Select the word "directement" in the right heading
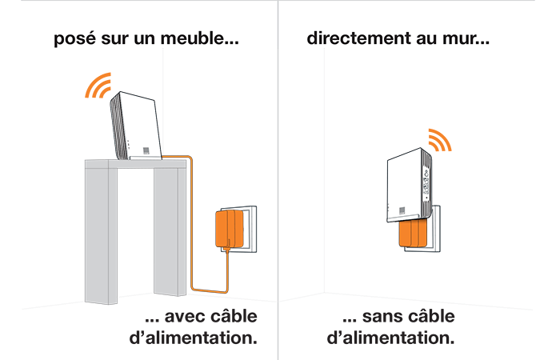point(359,38)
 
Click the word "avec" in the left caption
point(186,317)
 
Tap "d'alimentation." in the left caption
point(194,338)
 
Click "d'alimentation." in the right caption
point(390,338)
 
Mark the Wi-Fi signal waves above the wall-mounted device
point(441,139)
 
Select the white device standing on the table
point(135,126)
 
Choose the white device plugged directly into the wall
point(409,185)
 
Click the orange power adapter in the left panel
point(230,229)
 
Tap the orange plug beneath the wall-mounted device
point(413,233)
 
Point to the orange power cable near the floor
point(210,290)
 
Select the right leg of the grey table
point(170,231)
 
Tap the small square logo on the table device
point(146,150)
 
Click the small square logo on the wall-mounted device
point(402,210)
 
